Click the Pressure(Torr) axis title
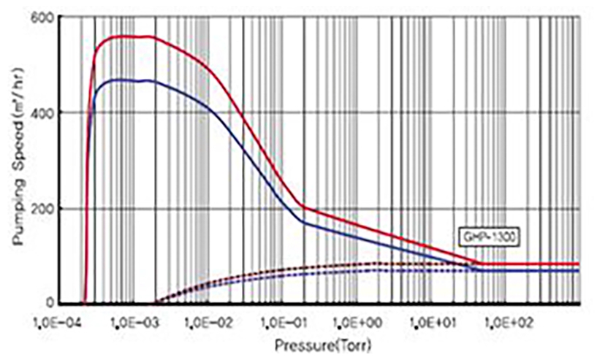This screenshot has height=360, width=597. pyautogui.click(x=316, y=342)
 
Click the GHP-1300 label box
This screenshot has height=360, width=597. pyautogui.click(x=484, y=235)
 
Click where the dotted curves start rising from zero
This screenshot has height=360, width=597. pyautogui.click(x=153, y=302)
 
